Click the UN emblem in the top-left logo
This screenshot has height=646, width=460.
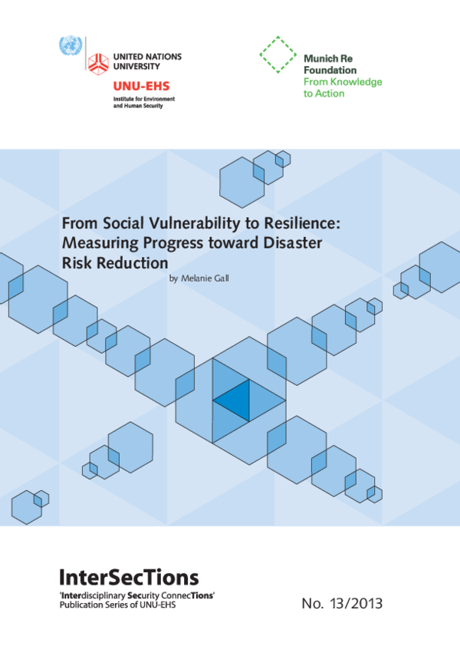click(70, 47)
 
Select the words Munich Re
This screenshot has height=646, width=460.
click(328, 58)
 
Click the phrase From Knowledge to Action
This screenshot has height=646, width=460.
click(343, 87)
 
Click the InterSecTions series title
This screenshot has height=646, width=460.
click(129, 577)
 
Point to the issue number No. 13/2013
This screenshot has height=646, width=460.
click(342, 604)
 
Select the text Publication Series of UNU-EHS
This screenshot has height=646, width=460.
click(122, 605)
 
